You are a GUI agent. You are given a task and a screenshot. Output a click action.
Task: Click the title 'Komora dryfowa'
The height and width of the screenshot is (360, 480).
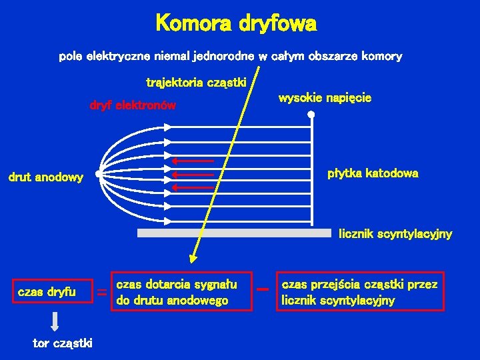pos(236,25)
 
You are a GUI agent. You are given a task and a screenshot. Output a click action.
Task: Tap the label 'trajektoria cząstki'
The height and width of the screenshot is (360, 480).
pos(197,83)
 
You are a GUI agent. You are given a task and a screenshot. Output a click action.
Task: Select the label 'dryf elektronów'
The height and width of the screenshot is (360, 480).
pos(133,105)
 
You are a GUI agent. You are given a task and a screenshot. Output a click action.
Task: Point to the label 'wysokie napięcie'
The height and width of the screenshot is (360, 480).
pos(325,98)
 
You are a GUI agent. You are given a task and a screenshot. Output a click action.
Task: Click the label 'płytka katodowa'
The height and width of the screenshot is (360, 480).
pos(373,173)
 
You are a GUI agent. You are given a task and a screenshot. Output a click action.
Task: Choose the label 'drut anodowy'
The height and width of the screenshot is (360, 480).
pos(45,177)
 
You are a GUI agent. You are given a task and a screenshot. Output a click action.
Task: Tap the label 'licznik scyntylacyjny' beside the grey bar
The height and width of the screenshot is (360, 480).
pos(395,233)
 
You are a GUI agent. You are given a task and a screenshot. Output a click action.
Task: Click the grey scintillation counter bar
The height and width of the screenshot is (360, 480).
pos(234,233)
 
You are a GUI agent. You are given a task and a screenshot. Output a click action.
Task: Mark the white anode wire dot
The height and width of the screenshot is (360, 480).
pos(98,175)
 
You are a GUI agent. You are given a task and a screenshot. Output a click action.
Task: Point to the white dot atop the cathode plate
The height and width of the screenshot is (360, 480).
pos(312,115)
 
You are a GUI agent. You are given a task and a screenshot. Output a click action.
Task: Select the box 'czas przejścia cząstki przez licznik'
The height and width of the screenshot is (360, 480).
pos(360,292)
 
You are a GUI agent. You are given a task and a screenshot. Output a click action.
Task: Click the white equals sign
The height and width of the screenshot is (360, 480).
pos(102,292)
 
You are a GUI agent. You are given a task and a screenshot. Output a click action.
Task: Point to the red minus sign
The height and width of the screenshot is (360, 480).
pos(263,290)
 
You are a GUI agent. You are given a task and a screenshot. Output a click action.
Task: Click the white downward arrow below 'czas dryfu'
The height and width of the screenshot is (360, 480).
pos(55,321)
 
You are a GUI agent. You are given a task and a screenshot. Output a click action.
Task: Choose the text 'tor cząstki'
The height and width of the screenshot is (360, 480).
pos(63,343)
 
